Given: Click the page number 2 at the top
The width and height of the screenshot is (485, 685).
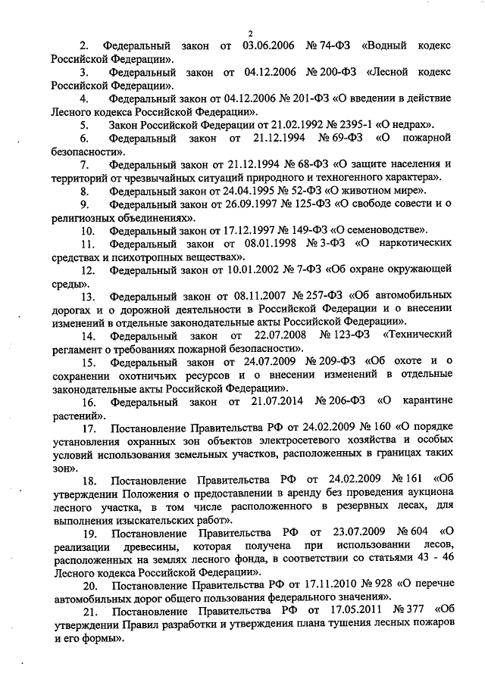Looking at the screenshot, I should [248, 32].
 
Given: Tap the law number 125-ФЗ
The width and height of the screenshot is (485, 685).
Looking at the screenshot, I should [285, 204].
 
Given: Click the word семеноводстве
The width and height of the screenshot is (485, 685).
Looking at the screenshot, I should [384, 229].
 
